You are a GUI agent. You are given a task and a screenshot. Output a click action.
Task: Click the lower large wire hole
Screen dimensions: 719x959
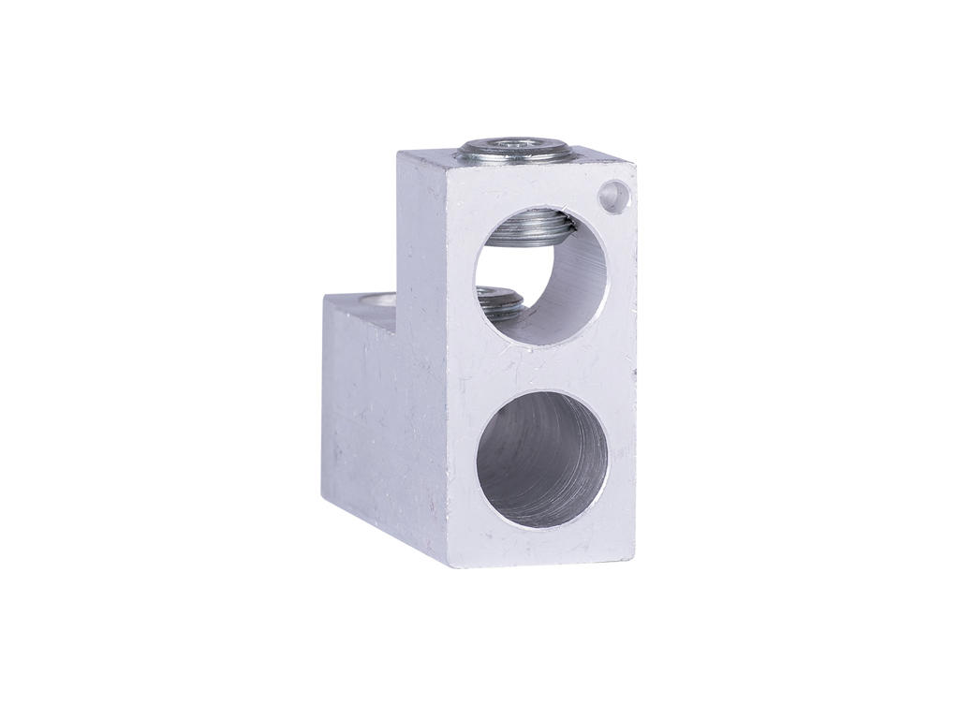pyautogui.click(x=541, y=459)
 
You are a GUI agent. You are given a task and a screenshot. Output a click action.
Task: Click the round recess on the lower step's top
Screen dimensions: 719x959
pyautogui.click(x=375, y=301)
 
